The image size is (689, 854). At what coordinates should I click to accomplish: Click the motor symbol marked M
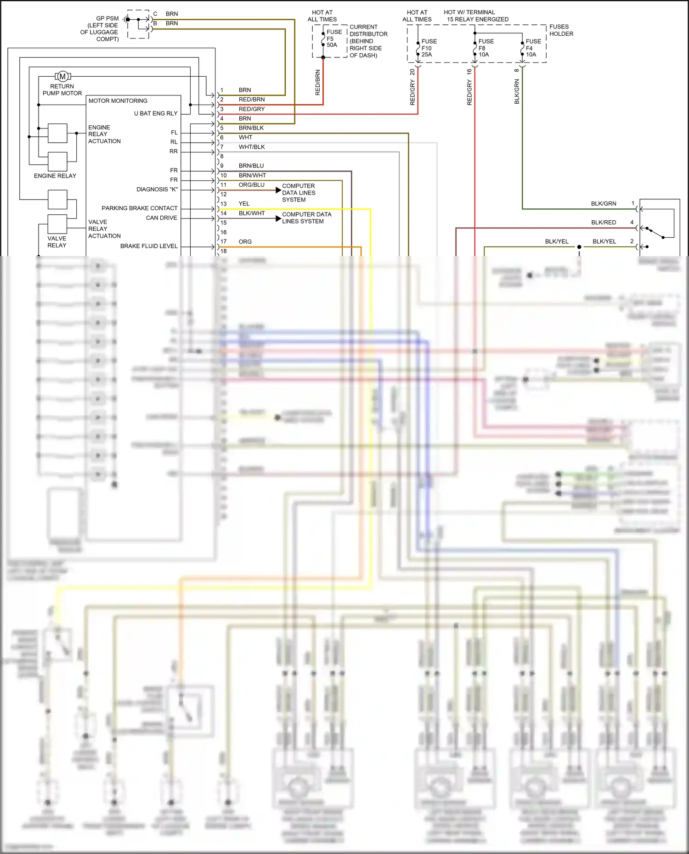point(62,76)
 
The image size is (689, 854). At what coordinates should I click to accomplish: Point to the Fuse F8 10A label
point(486,48)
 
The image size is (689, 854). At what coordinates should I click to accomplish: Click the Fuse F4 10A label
point(533,48)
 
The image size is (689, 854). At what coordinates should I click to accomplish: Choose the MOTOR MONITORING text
point(118,101)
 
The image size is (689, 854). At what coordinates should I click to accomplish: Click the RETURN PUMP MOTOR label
point(62,89)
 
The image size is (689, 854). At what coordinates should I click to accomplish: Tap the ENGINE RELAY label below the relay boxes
point(55,176)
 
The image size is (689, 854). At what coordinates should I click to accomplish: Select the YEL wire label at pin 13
point(244,204)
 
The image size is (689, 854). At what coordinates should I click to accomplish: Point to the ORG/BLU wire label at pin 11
point(251,185)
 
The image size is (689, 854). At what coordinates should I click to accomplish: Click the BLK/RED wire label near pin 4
point(603,223)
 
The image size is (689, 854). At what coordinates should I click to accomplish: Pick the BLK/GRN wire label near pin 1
point(603,204)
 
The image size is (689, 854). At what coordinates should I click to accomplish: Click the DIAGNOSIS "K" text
point(157,190)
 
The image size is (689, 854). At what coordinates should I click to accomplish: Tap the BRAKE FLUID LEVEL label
point(148,246)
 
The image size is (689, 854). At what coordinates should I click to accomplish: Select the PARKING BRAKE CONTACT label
point(139,208)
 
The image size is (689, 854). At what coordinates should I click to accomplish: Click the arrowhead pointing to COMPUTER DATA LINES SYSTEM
point(278,190)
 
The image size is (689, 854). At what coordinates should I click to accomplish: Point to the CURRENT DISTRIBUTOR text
point(368,31)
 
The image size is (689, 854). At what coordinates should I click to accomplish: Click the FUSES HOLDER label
point(561,30)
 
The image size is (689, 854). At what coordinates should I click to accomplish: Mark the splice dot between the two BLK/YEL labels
point(579,247)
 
